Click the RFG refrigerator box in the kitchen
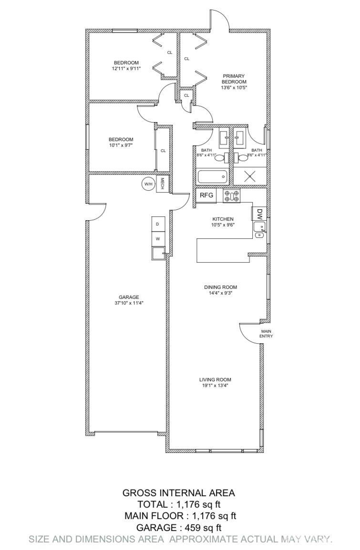click(206, 195)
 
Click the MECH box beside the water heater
click(163, 184)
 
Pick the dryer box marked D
click(158, 224)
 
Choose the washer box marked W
click(158, 239)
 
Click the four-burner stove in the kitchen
click(232, 196)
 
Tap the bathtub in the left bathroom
click(212, 177)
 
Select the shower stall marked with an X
click(249, 176)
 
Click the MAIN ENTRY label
click(266, 333)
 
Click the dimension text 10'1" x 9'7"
click(121, 145)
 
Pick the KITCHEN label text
click(223, 219)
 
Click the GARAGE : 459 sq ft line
click(179, 528)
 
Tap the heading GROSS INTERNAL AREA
click(179, 493)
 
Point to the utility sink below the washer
click(158, 253)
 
